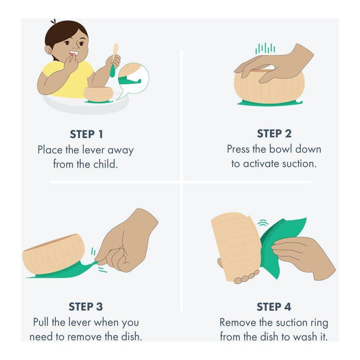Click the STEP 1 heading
pos(86,134)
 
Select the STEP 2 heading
pos(274,133)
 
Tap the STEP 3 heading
pos(85,306)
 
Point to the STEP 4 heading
pos(274,306)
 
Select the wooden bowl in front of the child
pos(98,93)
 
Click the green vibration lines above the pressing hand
pos(265,48)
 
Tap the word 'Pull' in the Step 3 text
pos(41,322)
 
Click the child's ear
pos(48,50)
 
